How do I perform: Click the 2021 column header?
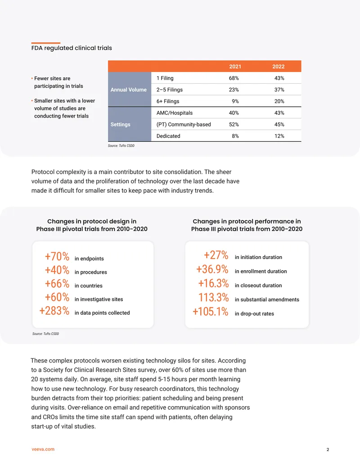[235, 67]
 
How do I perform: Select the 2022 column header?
[278, 67]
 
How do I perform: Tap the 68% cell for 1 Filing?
[234, 78]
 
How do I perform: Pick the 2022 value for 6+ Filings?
[279, 101]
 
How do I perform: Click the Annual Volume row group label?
[129, 90]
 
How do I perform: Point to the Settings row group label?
[120, 125]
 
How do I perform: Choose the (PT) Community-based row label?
[184, 125]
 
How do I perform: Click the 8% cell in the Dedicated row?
[235, 136]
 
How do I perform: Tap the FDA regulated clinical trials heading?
[72, 48]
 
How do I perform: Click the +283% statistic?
[54, 311]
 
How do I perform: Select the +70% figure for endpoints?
[57, 257]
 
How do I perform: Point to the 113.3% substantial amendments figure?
[214, 298]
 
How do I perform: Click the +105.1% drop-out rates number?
[210, 312]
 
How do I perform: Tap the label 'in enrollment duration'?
[261, 271]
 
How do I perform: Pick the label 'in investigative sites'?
[99, 299]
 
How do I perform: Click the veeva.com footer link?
[43, 449]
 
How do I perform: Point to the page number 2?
[328, 450]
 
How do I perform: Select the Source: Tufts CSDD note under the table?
[121, 145]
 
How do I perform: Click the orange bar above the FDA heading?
[46, 43]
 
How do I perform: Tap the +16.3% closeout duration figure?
[213, 284]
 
